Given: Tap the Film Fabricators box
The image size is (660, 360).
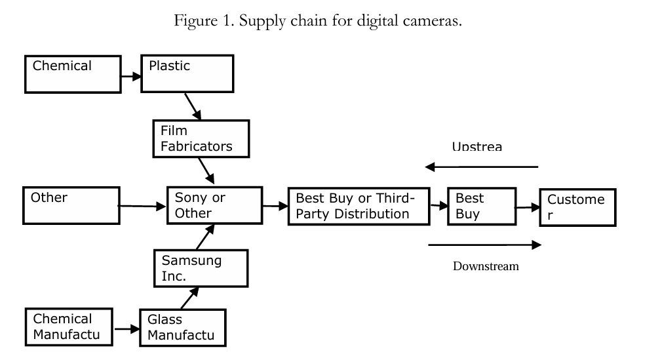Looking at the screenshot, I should (x=201, y=138).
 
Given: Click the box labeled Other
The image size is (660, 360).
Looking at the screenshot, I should (x=70, y=205).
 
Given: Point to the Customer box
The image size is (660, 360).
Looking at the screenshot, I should (x=577, y=207).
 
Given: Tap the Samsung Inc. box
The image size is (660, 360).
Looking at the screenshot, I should (x=201, y=268).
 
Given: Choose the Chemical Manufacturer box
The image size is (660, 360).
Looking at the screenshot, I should (x=69, y=327).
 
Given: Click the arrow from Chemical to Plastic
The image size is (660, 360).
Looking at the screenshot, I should (x=132, y=76).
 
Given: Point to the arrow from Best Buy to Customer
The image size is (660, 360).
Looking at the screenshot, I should (x=523, y=207).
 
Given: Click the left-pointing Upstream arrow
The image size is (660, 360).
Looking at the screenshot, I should (x=482, y=167).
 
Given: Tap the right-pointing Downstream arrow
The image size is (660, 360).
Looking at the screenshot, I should (x=484, y=245).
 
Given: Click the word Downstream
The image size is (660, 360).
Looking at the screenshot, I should (x=486, y=266).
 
